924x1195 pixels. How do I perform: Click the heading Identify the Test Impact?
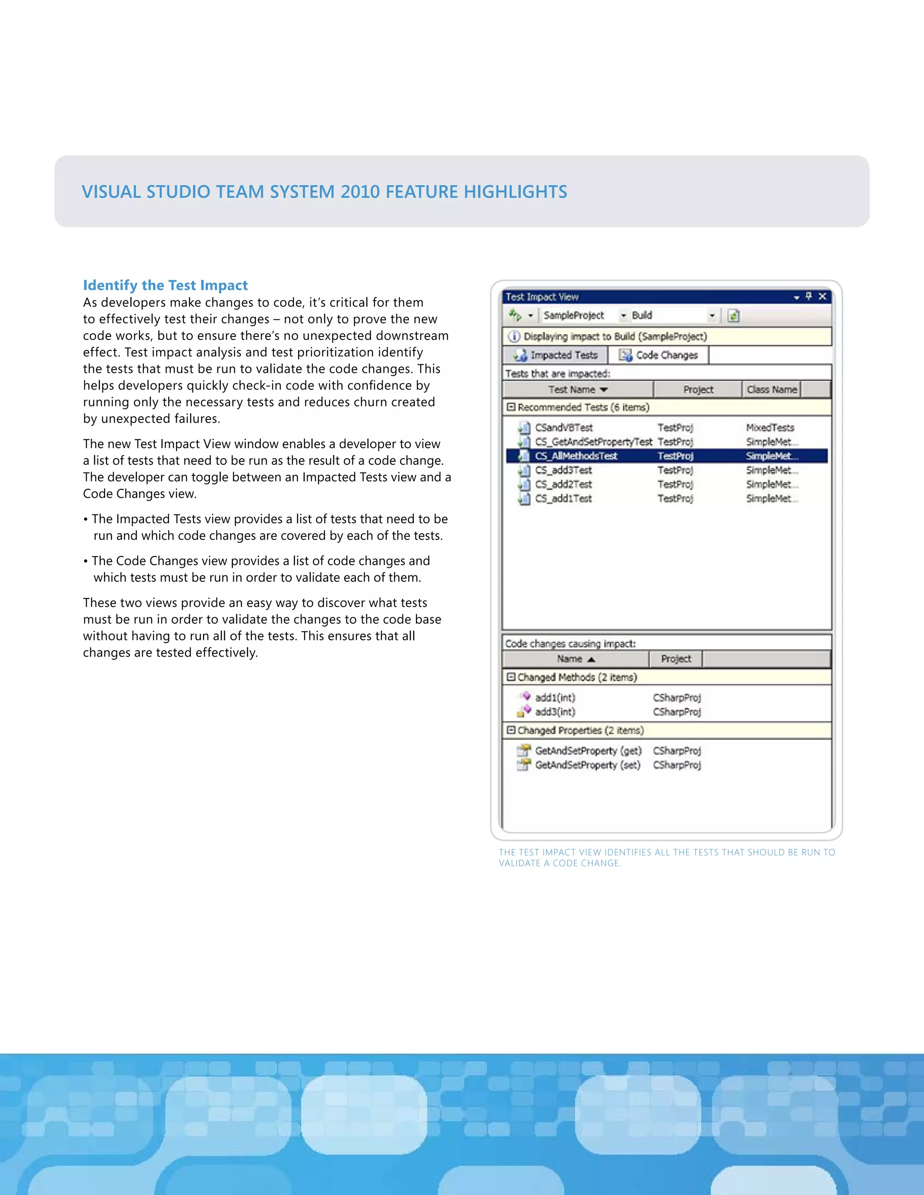tap(165, 285)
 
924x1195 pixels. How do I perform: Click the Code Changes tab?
tap(659, 355)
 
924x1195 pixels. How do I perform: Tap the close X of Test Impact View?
tap(822, 297)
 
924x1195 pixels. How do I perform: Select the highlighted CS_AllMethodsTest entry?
tap(576, 456)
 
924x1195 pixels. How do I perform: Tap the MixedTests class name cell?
tap(770, 427)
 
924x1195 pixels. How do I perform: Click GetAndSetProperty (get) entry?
tap(588, 751)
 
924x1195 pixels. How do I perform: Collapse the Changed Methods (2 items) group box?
tap(511, 677)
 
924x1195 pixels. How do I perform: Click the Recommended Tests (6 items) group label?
tap(583, 408)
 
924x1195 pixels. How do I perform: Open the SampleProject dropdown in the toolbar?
tap(624, 316)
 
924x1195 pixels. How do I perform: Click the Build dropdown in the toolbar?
tap(711, 316)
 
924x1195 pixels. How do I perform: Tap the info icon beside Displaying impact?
tap(513, 336)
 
